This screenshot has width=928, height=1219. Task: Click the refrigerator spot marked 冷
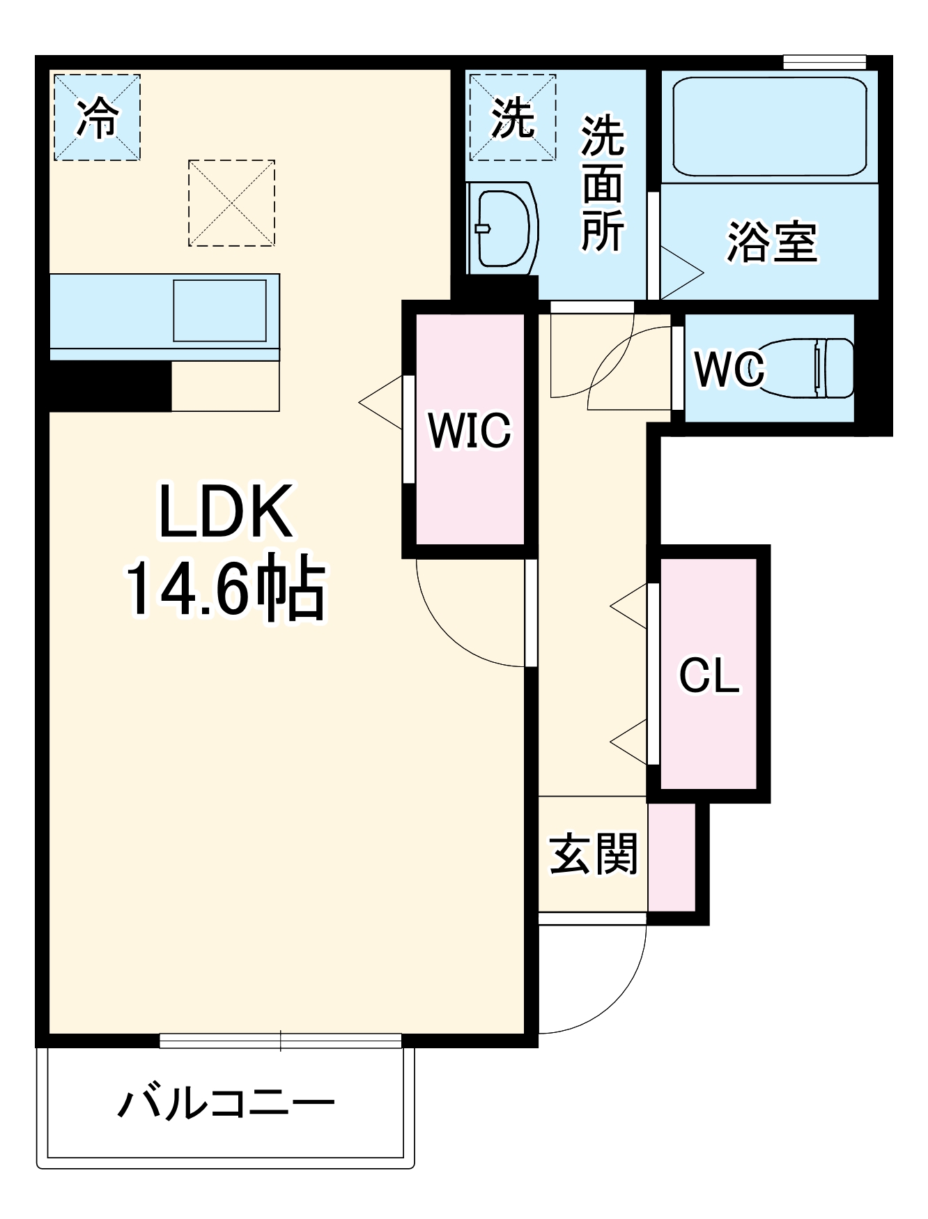(x=98, y=117)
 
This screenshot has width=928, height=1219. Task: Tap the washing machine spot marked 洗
(x=512, y=117)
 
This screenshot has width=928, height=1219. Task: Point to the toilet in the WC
(x=808, y=367)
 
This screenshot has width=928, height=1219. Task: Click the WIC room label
(x=470, y=430)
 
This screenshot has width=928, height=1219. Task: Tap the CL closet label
(x=709, y=675)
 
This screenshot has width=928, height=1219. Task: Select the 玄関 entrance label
(x=593, y=854)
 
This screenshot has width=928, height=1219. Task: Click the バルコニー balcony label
(x=226, y=1103)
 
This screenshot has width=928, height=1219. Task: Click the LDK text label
(x=226, y=512)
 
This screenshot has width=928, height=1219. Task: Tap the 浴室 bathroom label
(x=771, y=242)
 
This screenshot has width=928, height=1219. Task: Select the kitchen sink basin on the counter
(x=219, y=310)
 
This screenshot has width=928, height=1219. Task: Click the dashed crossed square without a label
(x=231, y=203)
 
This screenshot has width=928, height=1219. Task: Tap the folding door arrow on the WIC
(x=382, y=403)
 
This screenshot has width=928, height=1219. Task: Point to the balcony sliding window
(x=280, y=1041)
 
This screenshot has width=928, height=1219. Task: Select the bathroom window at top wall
(x=824, y=62)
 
